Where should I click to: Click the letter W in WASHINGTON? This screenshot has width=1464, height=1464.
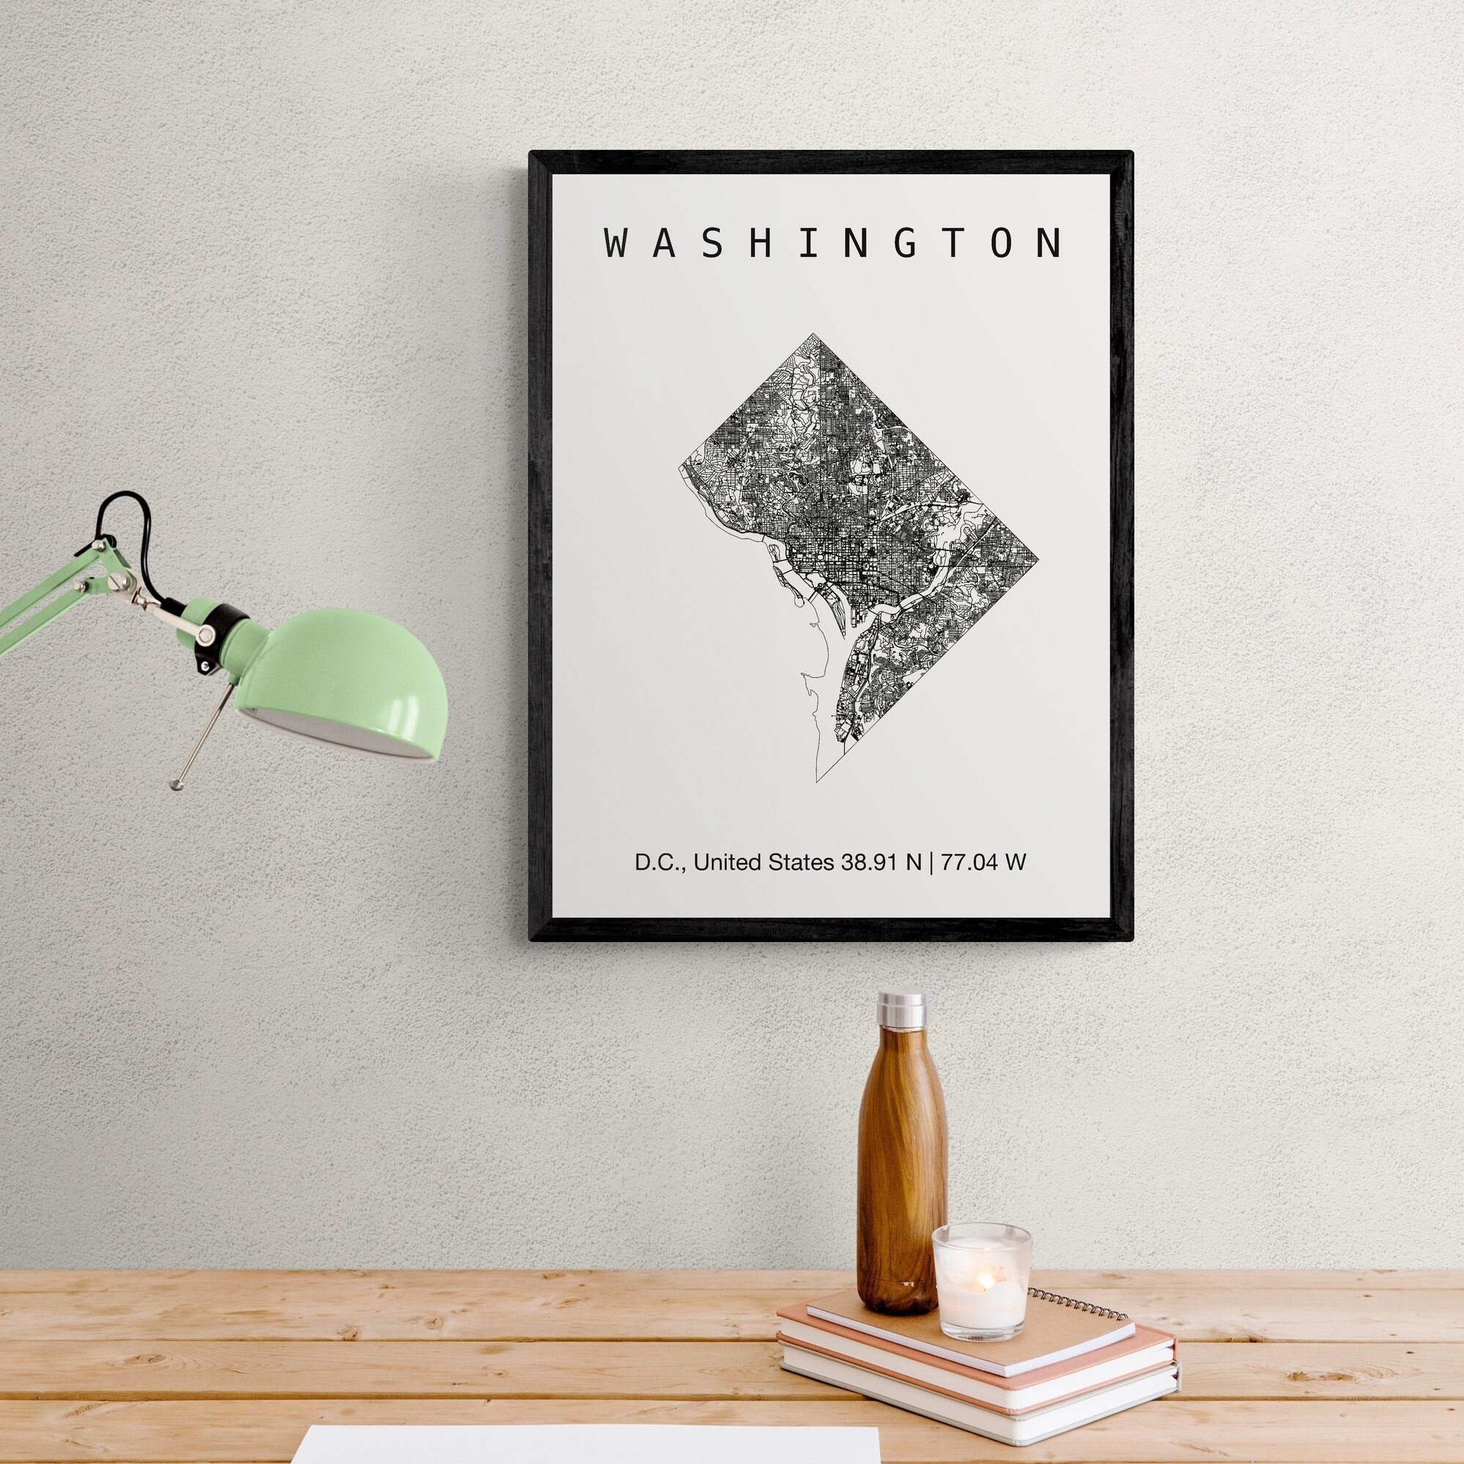tap(619, 243)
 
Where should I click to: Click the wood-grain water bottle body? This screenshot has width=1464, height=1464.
tap(901, 1167)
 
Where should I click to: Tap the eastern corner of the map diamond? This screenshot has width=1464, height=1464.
tap(1037, 559)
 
